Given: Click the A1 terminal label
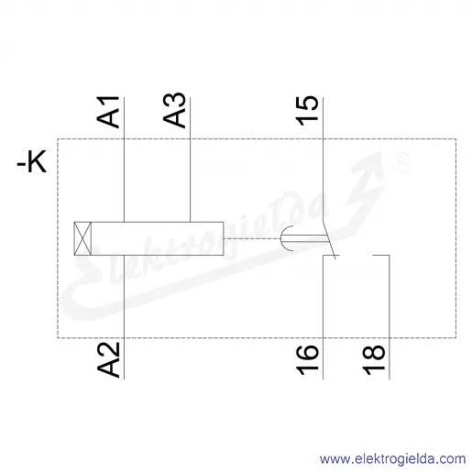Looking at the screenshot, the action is click(108, 112).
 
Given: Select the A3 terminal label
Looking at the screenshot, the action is click(174, 110).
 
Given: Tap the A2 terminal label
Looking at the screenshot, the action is click(108, 360).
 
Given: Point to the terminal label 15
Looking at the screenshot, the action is click(307, 111).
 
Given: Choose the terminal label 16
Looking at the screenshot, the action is click(307, 360).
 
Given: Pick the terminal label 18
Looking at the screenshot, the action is click(373, 360).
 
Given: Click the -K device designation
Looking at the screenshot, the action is click(32, 161).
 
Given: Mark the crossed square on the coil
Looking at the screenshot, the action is click(82, 238).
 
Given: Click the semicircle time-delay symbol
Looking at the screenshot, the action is click(286, 238).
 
